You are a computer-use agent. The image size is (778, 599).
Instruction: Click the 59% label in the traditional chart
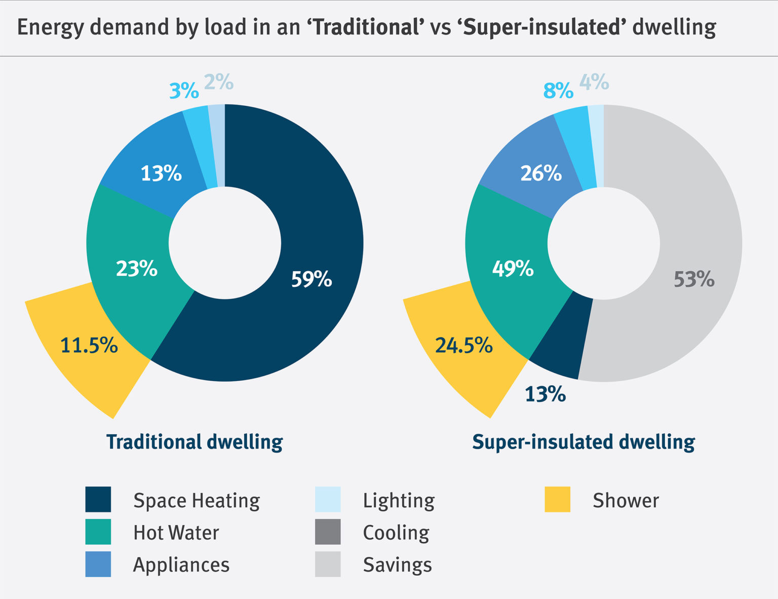(x=312, y=279)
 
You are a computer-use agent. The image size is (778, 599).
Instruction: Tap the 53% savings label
(x=694, y=279)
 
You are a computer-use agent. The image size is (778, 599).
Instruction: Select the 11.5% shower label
(x=89, y=346)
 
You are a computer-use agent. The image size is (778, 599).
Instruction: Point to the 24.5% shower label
(x=464, y=346)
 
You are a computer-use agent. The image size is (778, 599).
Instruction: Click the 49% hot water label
(x=513, y=268)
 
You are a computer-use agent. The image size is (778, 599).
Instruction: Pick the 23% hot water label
(x=137, y=268)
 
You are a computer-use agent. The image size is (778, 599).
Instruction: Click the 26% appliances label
(x=541, y=173)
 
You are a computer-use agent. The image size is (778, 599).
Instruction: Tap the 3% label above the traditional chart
(x=184, y=91)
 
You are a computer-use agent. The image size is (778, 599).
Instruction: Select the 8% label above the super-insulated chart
(x=558, y=91)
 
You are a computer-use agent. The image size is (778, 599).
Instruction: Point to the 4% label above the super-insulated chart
(x=594, y=82)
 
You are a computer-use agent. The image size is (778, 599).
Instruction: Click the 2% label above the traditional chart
(x=219, y=82)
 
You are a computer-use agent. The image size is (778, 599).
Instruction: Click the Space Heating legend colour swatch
(x=98, y=500)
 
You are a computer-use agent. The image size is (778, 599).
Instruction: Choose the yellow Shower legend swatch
(x=558, y=500)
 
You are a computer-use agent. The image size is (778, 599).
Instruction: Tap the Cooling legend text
(x=396, y=533)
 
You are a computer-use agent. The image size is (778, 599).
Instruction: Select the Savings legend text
(x=398, y=565)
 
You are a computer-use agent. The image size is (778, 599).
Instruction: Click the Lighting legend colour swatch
(x=328, y=500)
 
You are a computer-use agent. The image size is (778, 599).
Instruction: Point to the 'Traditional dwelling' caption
(x=194, y=442)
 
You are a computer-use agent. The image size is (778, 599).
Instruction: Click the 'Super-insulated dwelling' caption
(x=583, y=442)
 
